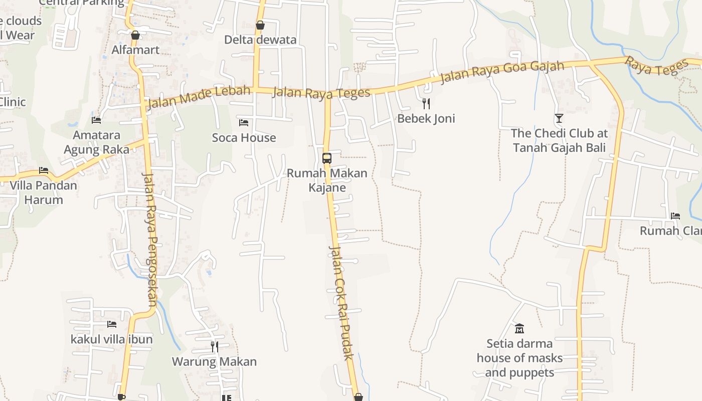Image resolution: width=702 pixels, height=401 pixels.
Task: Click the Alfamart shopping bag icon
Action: [135, 35]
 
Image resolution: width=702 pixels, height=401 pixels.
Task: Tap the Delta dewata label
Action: [260, 40]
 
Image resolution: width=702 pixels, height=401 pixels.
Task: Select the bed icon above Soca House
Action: [244, 122]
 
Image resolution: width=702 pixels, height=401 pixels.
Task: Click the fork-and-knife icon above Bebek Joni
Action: [426, 104]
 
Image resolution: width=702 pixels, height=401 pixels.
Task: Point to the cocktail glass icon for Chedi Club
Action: [559, 118]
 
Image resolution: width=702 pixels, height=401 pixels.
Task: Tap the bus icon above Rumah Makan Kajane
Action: [327, 158]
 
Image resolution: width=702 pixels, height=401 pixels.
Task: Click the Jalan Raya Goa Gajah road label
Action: [502, 73]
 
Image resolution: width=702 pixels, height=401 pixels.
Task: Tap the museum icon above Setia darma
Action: [519, 329]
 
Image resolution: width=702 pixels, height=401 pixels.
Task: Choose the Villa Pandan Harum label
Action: [44, 192]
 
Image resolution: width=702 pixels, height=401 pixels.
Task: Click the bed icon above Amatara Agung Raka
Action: [96, 120]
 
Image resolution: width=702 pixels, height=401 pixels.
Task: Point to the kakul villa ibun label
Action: [111, 339]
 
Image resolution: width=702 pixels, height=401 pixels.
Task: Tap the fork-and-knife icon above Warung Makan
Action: [214, 346]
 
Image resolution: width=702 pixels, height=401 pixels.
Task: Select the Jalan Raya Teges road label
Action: [321, 92]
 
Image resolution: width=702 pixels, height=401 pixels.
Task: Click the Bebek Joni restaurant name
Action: [426, 118]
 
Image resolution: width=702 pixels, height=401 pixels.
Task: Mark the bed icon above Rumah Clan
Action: [675, 216]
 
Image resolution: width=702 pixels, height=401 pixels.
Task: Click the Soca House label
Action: [244, 137]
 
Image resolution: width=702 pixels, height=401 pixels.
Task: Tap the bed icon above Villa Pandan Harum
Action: [44, 170]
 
